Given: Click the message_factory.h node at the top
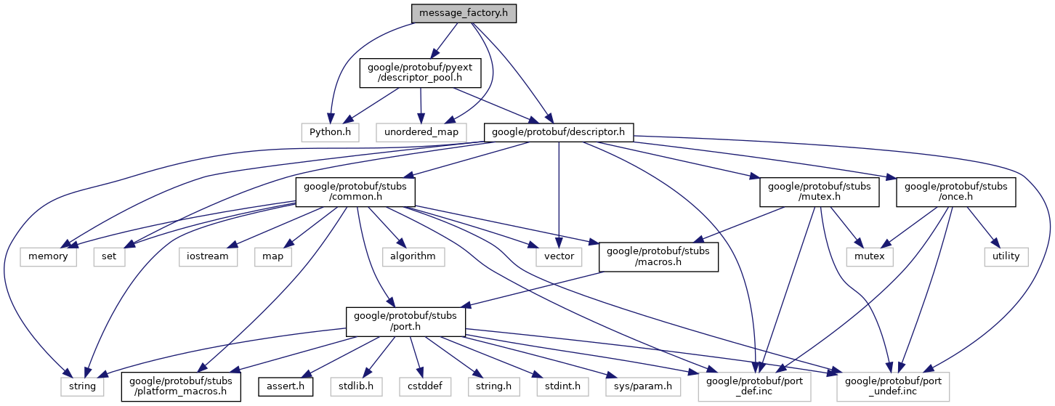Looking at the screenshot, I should pos(464,13).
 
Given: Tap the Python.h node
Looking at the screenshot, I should pos(331,132).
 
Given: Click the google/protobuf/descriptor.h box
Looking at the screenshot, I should pos(559,132).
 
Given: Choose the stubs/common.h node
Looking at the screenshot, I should pos(355,192).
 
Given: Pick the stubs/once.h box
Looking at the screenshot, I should pos(955,192).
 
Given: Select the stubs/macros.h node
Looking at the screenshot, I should pos(658,256).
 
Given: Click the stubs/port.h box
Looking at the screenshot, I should pos(405,321).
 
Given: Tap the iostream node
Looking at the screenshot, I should pos(208,256).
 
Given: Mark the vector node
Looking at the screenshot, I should pos(558,256).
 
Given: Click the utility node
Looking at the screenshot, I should pos(1006,256).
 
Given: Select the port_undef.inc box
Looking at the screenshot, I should pos(893,386).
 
